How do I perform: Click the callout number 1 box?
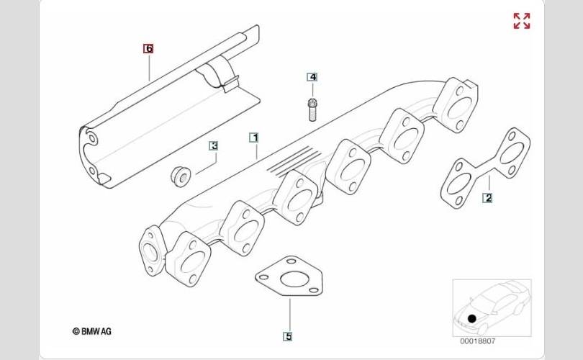tap(253, 136)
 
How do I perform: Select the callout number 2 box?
tap(487, 197)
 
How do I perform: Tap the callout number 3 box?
tap(214, 145)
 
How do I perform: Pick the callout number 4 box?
tap(312, 77)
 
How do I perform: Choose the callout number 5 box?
tap(288, 336)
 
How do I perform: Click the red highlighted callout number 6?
tap(148, 49)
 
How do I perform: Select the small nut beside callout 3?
tap(180, 174)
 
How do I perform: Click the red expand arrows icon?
tap(522, 21)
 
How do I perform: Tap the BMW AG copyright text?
tap(91, 332)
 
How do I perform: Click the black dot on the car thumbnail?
tap(471, 318)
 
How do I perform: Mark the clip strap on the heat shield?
tap(219, 76)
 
